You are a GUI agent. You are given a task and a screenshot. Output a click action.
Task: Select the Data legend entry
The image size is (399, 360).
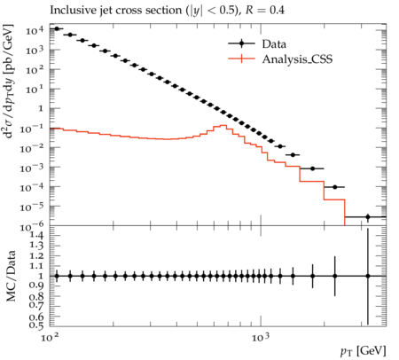click(257, 43)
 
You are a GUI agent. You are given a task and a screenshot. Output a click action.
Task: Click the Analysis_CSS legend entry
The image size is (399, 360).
click(280, 59)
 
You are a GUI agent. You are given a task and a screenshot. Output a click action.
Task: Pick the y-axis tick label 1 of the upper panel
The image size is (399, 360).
click(42, 108)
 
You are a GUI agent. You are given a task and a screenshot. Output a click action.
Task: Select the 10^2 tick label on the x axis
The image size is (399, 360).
click(48, 337)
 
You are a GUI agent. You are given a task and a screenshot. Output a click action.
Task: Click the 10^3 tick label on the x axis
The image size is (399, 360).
click(261, 337)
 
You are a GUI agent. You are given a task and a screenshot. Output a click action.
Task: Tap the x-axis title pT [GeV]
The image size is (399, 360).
click(364, 351)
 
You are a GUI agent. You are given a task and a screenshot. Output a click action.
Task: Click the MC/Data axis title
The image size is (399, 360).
click(11, 276)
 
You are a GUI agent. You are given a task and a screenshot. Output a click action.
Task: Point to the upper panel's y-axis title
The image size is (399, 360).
click(9, 81)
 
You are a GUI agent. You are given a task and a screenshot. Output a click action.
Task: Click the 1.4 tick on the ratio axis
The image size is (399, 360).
click(37, 235)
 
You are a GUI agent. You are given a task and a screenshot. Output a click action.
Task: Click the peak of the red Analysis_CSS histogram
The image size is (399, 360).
click(223, 125)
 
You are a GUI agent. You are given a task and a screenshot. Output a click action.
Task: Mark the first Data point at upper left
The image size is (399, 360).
click(57, 28)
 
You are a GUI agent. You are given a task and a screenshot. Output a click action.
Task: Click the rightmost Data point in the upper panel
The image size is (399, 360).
click(368, 216)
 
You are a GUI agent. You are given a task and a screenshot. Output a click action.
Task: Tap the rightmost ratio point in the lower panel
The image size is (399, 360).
click(368, 276)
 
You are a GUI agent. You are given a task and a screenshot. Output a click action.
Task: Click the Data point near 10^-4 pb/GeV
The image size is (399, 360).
click(334, 187)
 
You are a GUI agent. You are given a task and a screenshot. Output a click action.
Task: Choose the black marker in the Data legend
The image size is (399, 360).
click(241, 43)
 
